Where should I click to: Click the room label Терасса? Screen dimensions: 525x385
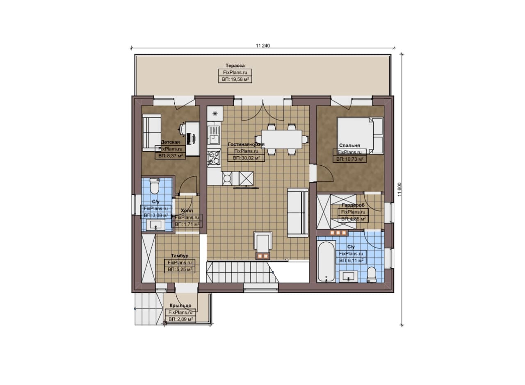pyautogui.click(x=235, y=66)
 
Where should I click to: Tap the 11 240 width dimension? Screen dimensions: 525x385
pyautogui.click(x=263, y=46)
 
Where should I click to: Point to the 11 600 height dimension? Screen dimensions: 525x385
pyautogui.click(x=400, y=189)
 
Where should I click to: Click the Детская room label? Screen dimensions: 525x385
pyautogui.click(x=170, y=142)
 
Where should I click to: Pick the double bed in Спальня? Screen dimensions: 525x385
pyautogui.click(x=360, y=136)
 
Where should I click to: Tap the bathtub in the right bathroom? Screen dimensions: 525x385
pyautogui.click(x=326, y=262)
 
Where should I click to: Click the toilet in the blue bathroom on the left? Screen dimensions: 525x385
pyautogui.click(x=154, y=186)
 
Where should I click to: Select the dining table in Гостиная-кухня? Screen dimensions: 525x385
pyautogui.click(x=281, y=139)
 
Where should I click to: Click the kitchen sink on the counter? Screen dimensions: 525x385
pyautogui.click(x=214, y=135)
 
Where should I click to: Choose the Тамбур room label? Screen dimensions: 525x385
pyautogui.click(x=180, y=256)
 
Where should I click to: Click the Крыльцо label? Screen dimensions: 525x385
pyautogui.click(x=180, y=305)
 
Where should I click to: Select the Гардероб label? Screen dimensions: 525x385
pyautogui.click(x=353, y=205)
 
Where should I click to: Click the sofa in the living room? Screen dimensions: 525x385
pyautogui.click(x=298, y=212)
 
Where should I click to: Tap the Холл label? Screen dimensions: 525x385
pyautogui.click(x=187, y=211)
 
